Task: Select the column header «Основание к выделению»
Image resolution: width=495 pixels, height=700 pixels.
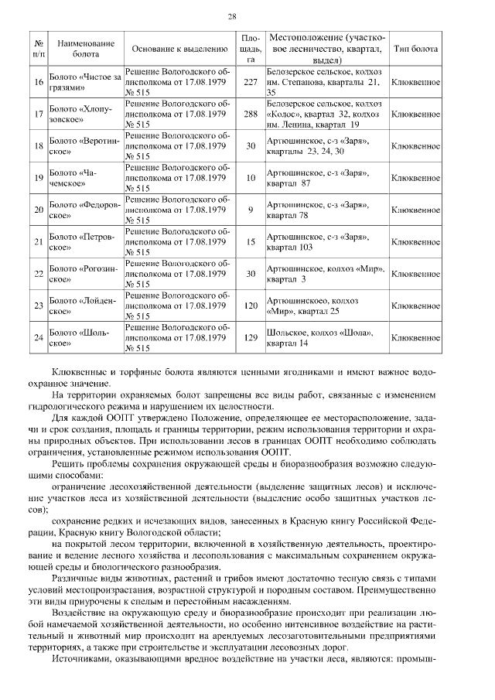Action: [179, 48]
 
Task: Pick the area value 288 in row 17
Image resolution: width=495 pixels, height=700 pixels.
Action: [250, 114]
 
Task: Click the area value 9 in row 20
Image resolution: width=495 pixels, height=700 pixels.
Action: [250, 210]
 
